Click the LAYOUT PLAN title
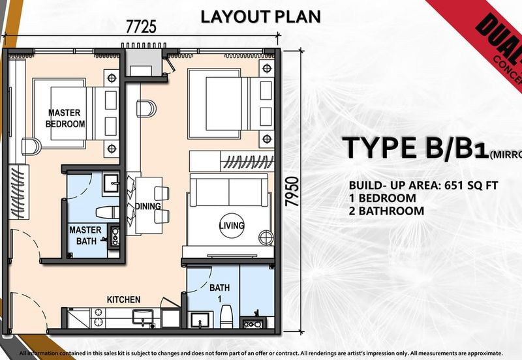pos(260,16)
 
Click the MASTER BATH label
pos(85,235)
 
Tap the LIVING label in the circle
pos(232,226)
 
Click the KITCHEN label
pos(123,299)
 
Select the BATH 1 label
pos(219,292)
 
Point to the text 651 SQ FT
pos(467,185)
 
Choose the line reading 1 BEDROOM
pos(382,198)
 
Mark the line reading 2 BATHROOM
pos(386,211)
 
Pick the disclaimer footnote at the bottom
pos(260,353)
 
